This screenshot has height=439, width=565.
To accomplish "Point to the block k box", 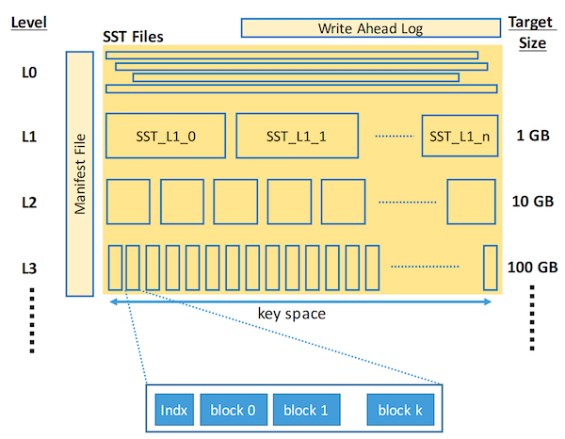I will (400, 410).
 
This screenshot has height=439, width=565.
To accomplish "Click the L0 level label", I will (29, 71).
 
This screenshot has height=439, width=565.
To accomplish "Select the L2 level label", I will (29, 202).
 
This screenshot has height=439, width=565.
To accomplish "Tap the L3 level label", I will (29, 267).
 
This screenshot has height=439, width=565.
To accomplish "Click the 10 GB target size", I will (532, 202).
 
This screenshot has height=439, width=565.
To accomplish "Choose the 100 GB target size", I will (533, 267).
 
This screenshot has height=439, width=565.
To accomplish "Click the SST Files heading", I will (133, 38).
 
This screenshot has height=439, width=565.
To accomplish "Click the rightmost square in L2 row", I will (471, 201).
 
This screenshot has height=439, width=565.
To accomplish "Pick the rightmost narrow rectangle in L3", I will (490, 268).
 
